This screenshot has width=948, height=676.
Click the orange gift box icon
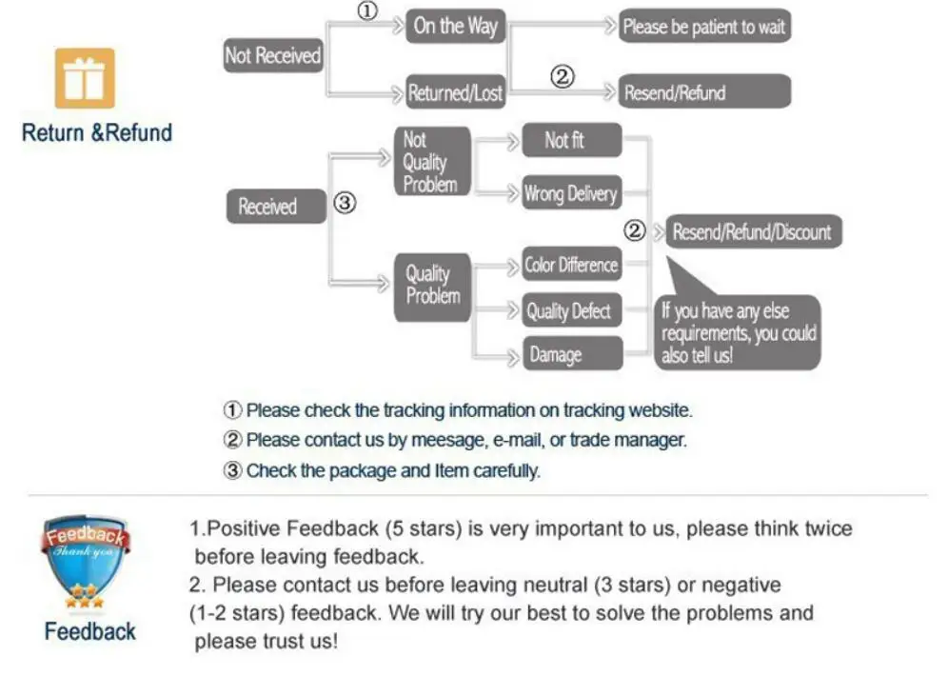click(x=85, y=78)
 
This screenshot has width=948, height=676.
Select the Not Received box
click(x=272, y=56)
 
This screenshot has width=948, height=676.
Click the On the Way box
click(x=455, y=27)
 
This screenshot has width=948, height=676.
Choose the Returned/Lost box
click(x=455, y=93)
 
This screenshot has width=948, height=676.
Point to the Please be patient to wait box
click(x=704, y=27)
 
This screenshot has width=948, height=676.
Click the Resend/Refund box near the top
click(x=704, y=93)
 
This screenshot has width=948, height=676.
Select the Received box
click(x=276, y=207)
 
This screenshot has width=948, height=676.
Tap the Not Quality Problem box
click(x=431, y=162)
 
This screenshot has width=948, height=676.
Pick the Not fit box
click(x=571, y=141)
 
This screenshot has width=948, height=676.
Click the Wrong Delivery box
click(x=571, y=194)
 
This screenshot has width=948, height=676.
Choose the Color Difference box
click(x=571, y=265)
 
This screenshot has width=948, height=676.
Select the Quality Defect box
click(x=571, y=310)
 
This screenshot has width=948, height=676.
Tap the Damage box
click(x=571, y=355)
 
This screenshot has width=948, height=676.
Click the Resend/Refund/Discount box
click(x=752, y=231)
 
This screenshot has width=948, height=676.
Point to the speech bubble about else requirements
click(x=739, y=331)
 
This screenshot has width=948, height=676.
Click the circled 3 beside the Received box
click(x=346, y=203)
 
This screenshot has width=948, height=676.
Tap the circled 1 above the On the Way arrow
click(x=367, y=11)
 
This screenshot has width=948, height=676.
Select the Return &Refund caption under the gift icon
click(x=96, y=132)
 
